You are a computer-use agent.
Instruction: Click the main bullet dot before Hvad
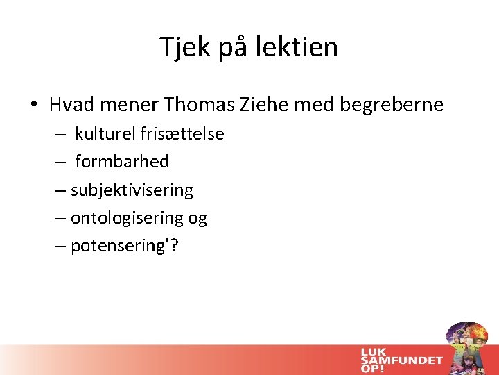(x=34, y=106)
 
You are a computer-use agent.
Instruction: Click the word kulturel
(x=105, y=133)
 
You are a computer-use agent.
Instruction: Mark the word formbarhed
(x=122, y=162)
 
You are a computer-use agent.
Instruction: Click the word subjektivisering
(x=132, y=190)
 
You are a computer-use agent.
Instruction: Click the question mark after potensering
(x=173, y=246)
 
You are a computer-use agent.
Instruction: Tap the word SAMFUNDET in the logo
(x=401, y=359)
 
